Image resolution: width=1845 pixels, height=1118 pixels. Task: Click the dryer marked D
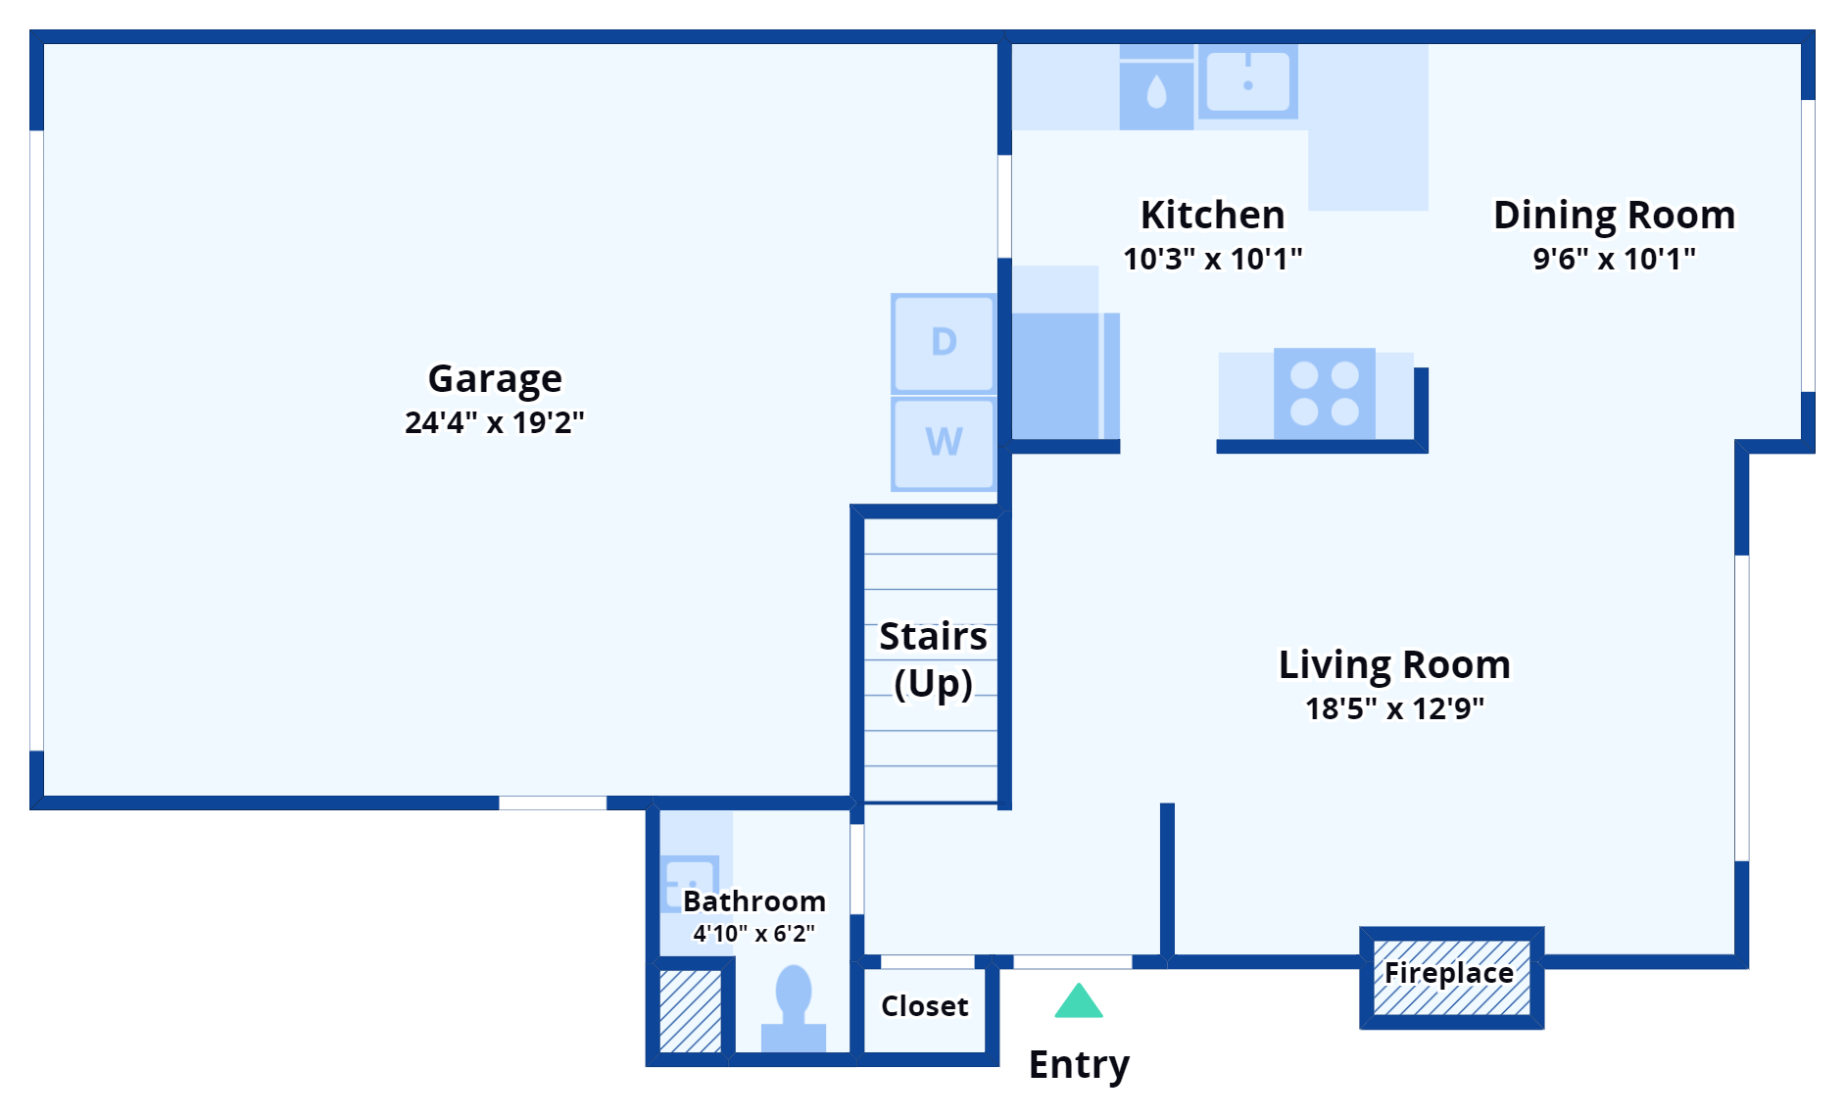pyautogui.click(x=943, y=343)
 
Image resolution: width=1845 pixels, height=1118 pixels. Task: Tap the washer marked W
pyautogui.click(x=943, y=443)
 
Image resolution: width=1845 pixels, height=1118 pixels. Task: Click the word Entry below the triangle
pyautogui.click(x=1079, y=1064)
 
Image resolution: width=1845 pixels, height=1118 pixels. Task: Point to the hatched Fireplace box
pyautogui.click(x=1451, y=977)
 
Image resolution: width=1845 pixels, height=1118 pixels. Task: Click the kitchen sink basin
pyautogui.click(x=1247, y=81)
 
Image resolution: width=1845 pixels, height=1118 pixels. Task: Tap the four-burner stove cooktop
pyautogui.click(x=1324, y=393)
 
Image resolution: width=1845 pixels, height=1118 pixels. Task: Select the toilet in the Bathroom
pyautogui.click(x=793, y=1009)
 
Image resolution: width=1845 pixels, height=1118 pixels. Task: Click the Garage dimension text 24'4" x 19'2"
pyautogui.click(x=494, y=422)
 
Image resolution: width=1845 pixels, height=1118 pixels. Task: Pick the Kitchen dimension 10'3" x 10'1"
pyautogui.click(x=1212, y=259)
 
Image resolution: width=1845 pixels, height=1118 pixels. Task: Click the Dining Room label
pyautogui.click(x=1613, y=215)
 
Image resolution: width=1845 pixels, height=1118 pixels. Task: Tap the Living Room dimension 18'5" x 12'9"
pyautogui.click(x=1393, y=708)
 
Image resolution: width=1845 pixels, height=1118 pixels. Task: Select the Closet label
pyautogui.click(x=924, y=1006)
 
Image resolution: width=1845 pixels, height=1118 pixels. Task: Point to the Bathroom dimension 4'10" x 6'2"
pyautogui.click(x=753, y=934)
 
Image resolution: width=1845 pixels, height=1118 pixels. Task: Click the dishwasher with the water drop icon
pyautogui.click(x=1156, y=94)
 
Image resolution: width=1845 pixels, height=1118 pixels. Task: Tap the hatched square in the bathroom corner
pyautogui.click(x=690, y=1011)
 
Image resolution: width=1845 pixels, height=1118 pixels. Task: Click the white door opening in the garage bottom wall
pyautogui.click(x=553, y=802)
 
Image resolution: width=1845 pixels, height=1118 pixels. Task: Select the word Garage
pyautogui.click(x=495, y=378)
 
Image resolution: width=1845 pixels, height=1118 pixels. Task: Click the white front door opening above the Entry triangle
pyautogui.click(x=1072, y=962)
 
